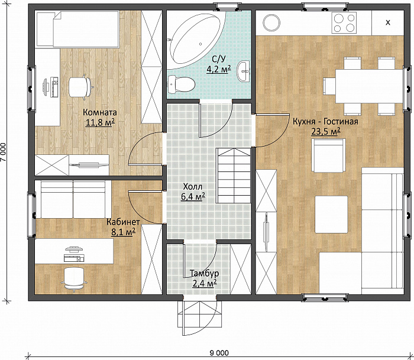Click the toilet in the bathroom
tap(181, 84)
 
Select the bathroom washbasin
tap(244, 71)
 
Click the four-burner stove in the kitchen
tap(344, 22)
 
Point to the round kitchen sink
tap(271, 22)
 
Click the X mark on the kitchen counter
tap(388, 22)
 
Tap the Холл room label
tap(192, 187)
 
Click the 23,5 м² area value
tap(325, 131)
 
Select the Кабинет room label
tap(123, 222)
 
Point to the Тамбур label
tap(205, 273)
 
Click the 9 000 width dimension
tap(219, 352)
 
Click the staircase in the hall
tap(234, 176)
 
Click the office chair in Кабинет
tap(74, 279)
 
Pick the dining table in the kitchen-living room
tap(369, 86)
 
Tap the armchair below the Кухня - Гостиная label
tap(328, 155)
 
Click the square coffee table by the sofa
tap(331, 215)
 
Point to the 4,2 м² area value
tap(219, 69)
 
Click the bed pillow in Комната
tap(45, 29)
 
